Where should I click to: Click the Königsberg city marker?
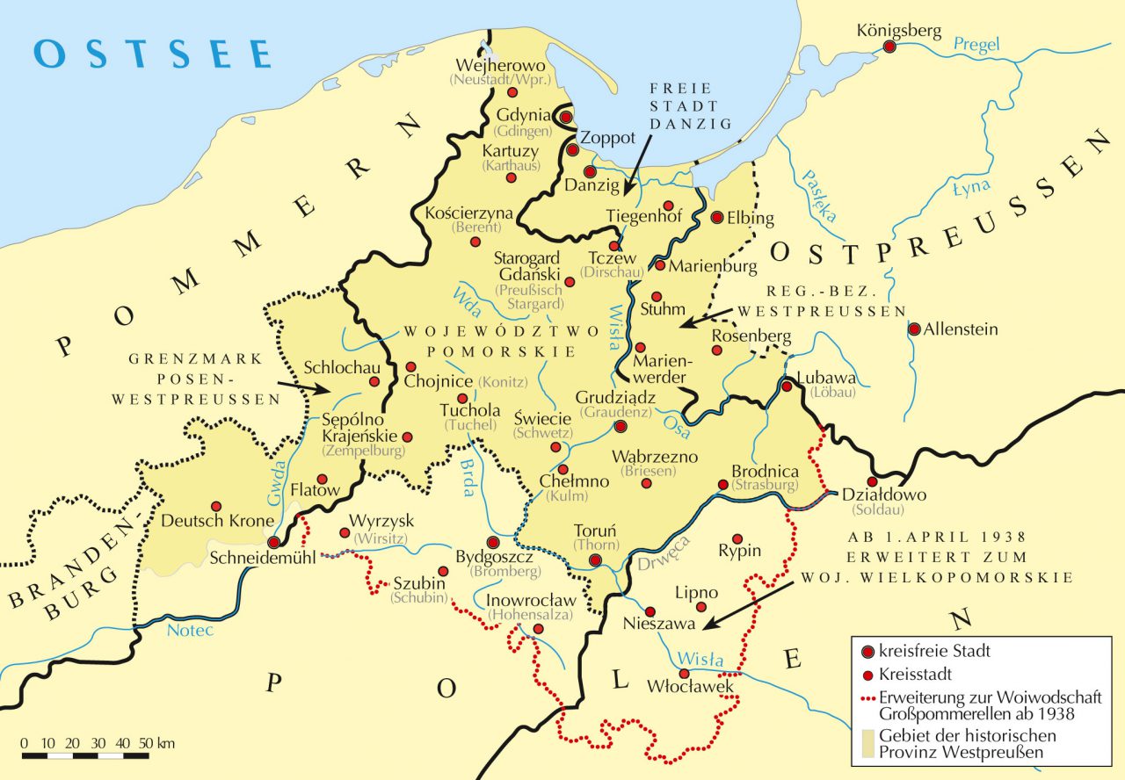click(x=890, y=47)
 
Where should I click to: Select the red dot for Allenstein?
click(x=915, y=329)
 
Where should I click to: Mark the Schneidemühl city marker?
click(x=275, y=542)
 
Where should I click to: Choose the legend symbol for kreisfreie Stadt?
click(x=868, y=652)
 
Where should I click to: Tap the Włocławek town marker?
click(x=684, y=673)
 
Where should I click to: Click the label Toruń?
click(x=595, y=531)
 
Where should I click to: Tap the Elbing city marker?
click(x=716, y=217)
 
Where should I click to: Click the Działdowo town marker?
click(x=872, y=481)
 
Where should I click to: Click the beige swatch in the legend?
click(x=868, y=745)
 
